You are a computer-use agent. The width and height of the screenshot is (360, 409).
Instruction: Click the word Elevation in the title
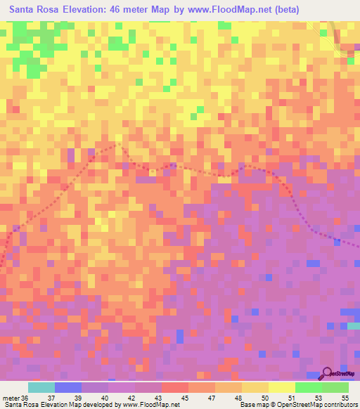pos(90,10)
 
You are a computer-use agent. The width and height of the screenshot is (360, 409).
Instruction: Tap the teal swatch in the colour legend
pos(41,387)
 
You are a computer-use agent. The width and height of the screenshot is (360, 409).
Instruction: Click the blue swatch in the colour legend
pos(67,387)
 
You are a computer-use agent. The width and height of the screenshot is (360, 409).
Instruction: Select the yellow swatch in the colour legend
pos(281,387)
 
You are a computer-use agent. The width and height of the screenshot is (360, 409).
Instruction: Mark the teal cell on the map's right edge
pos(354,326)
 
